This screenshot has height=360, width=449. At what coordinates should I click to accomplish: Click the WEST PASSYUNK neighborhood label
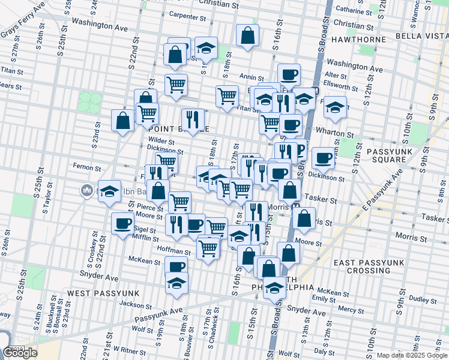point(103,293)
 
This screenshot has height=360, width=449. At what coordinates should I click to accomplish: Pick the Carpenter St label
point(188,15)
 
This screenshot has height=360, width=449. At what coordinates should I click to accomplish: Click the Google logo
point(20,353)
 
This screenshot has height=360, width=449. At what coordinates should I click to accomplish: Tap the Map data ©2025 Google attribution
point(412,355)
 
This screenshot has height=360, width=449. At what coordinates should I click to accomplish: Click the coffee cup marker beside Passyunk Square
point(323,158)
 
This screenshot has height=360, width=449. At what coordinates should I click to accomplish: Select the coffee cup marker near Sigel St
point(123,224)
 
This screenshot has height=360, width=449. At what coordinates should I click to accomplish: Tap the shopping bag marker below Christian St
point(247,35)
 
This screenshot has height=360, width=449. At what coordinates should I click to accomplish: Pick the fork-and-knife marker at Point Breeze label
point(193,120)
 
